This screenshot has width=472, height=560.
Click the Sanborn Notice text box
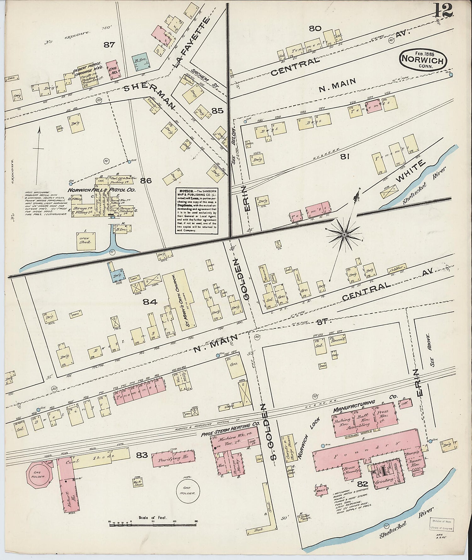click(x=197, y=211)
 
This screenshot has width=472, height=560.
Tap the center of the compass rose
click(x=344, y=235)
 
